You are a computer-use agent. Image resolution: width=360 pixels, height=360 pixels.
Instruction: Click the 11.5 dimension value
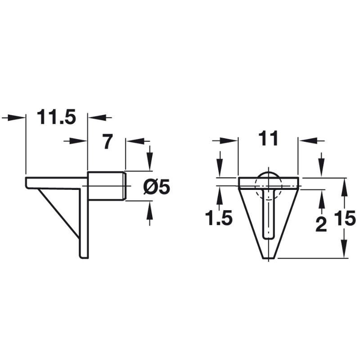point(56,117)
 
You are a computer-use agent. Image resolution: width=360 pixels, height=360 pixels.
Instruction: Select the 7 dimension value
point(107,142)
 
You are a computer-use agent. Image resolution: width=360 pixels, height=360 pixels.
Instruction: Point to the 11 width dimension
point(268,139)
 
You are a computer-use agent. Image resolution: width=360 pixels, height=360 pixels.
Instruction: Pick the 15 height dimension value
point(345,220)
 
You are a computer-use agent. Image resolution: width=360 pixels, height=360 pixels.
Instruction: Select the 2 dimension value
point(321,224)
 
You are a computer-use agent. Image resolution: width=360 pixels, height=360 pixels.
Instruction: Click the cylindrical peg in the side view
point(106,185)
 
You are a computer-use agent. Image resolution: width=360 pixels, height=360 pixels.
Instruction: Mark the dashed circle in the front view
point(268,184)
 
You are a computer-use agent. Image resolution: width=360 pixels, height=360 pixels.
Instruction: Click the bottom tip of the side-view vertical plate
point(84,257)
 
